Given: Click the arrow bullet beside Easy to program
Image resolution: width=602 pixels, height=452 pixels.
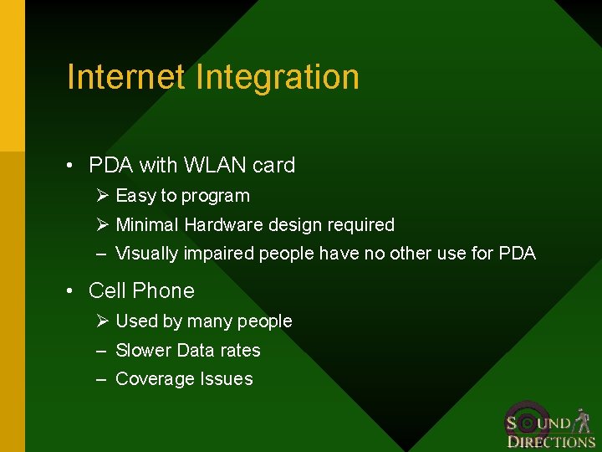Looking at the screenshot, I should (102, 196).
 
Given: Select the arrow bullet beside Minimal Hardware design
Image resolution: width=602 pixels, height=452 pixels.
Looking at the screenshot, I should (102, 224).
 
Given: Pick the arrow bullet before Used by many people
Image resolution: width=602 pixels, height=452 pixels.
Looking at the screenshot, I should (102, 321).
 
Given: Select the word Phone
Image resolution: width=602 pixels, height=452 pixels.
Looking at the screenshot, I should (164, 291).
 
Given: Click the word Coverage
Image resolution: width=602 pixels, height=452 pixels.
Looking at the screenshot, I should (154, 380).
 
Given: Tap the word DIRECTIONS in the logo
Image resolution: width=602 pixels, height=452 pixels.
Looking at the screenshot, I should (551, 442).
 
